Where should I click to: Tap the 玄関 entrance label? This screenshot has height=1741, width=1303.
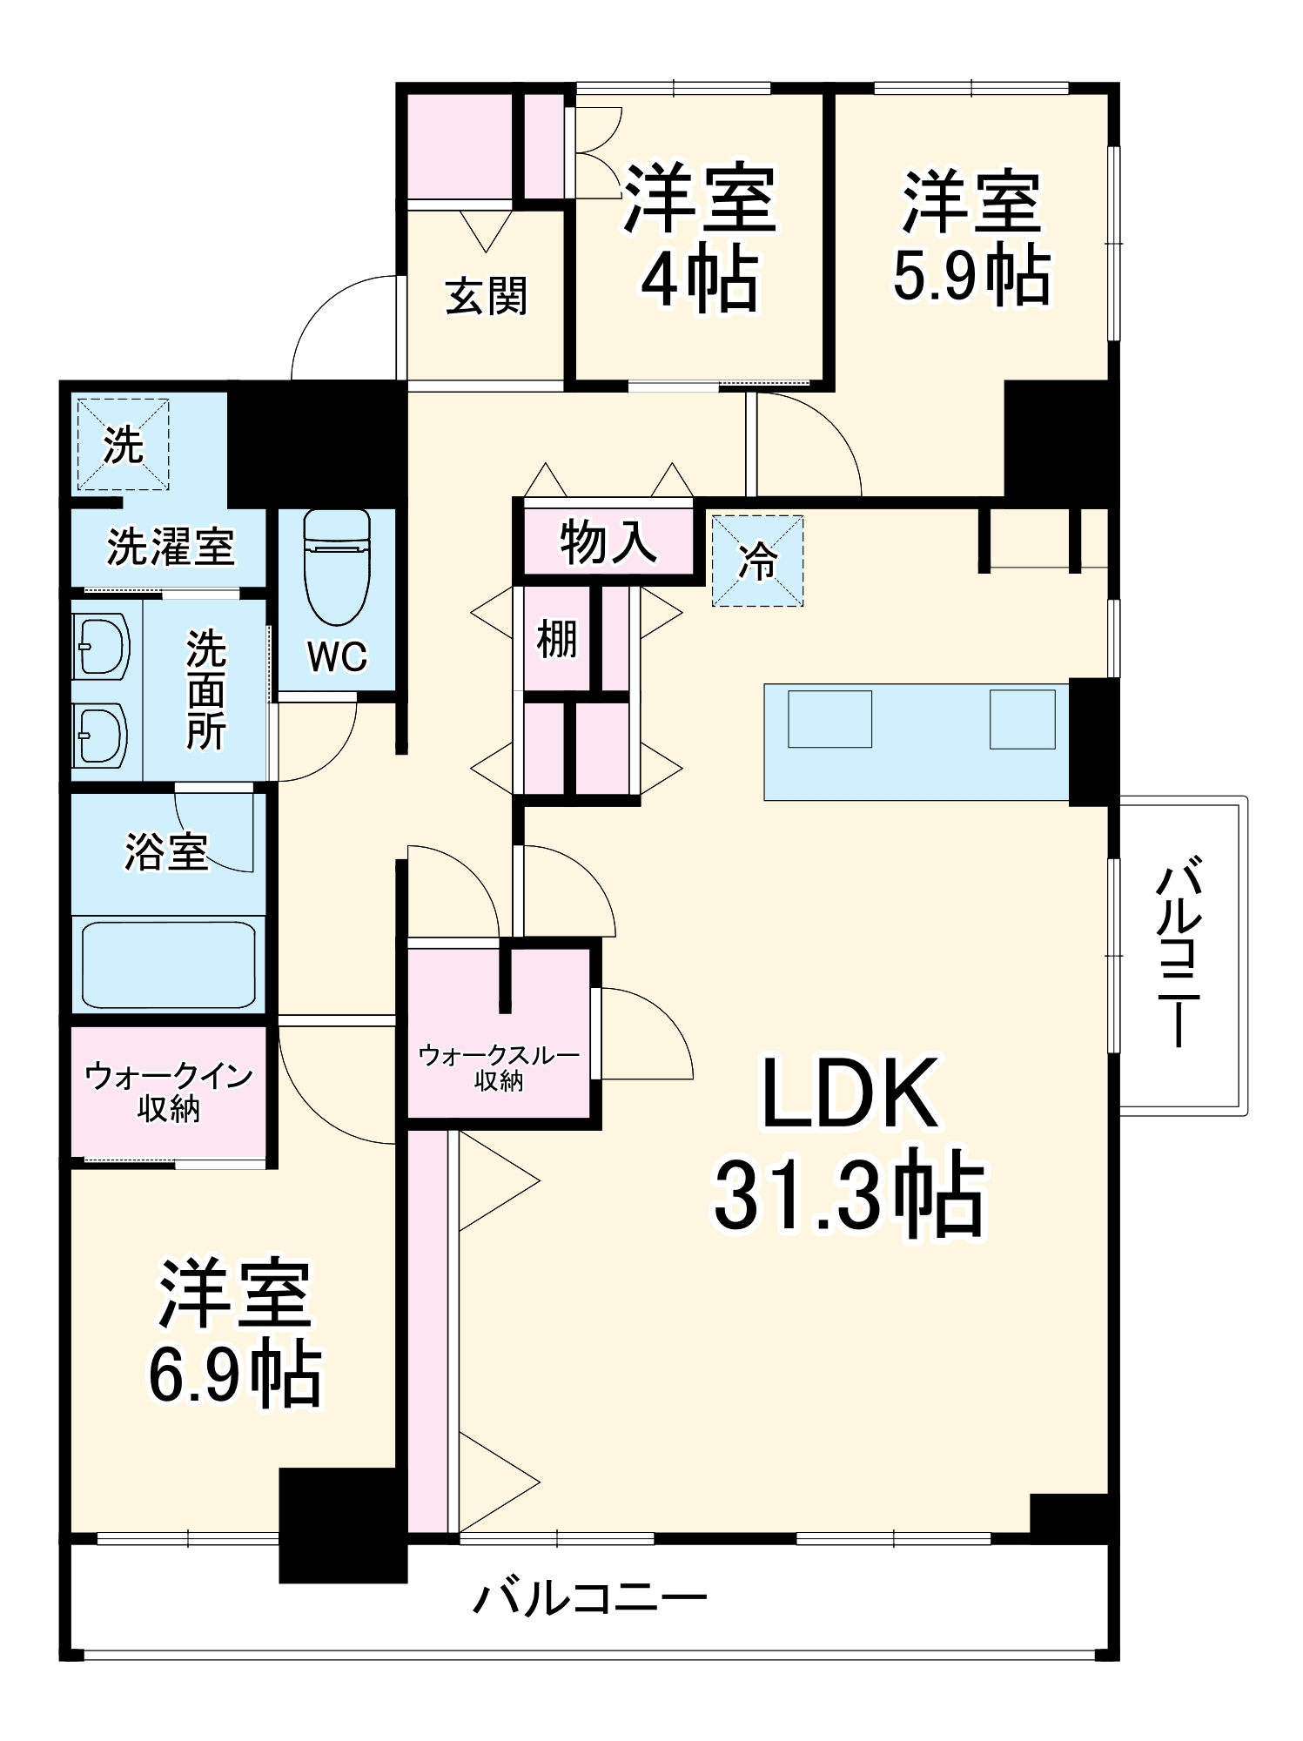[486, 297]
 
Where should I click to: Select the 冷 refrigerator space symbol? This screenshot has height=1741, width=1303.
[757, 561]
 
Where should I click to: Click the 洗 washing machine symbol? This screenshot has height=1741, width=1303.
[123, 445]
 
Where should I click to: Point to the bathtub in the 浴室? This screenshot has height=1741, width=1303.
[169, 965]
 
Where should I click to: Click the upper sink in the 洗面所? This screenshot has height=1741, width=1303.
[102, 647]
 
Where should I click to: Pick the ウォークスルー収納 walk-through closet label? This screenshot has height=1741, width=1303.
[499, 1067]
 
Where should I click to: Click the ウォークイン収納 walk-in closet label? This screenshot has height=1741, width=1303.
[168, 1092]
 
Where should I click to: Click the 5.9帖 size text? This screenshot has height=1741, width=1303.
[972, 276]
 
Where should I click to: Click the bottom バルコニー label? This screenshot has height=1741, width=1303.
[589, 1599]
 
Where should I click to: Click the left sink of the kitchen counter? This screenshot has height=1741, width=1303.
[829, 718]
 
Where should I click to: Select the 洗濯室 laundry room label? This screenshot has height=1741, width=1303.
[171, 547]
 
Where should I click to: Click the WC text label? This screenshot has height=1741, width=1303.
[337, 657]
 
